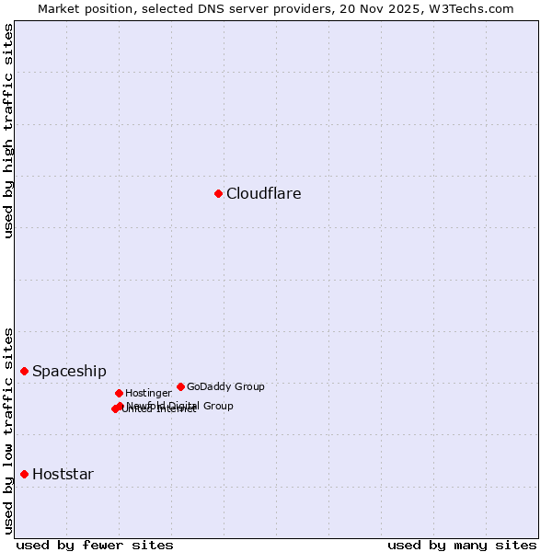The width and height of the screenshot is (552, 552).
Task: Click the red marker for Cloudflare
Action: pos(218,193)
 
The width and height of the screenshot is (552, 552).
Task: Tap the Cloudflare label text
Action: pos(263,193)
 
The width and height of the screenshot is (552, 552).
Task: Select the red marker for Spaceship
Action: pos(25,371)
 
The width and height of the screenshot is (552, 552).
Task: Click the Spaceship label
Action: pos(69,372)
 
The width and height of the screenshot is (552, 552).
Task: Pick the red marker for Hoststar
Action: pos(25,474)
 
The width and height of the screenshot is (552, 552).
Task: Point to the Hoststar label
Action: pos(63,475)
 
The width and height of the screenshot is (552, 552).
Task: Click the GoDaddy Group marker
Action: pos(180,386)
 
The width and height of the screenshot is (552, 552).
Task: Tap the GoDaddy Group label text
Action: pos(225,386)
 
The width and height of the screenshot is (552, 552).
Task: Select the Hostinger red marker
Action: pos(119,393)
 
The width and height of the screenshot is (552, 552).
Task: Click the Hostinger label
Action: pos(148,393)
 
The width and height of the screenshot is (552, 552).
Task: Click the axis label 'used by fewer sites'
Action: pos(95,545)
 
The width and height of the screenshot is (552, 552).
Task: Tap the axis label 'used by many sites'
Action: pos(462,545)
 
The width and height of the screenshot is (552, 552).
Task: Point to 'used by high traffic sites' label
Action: pos(8,131)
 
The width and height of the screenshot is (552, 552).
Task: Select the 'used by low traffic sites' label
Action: pos(8,431)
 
